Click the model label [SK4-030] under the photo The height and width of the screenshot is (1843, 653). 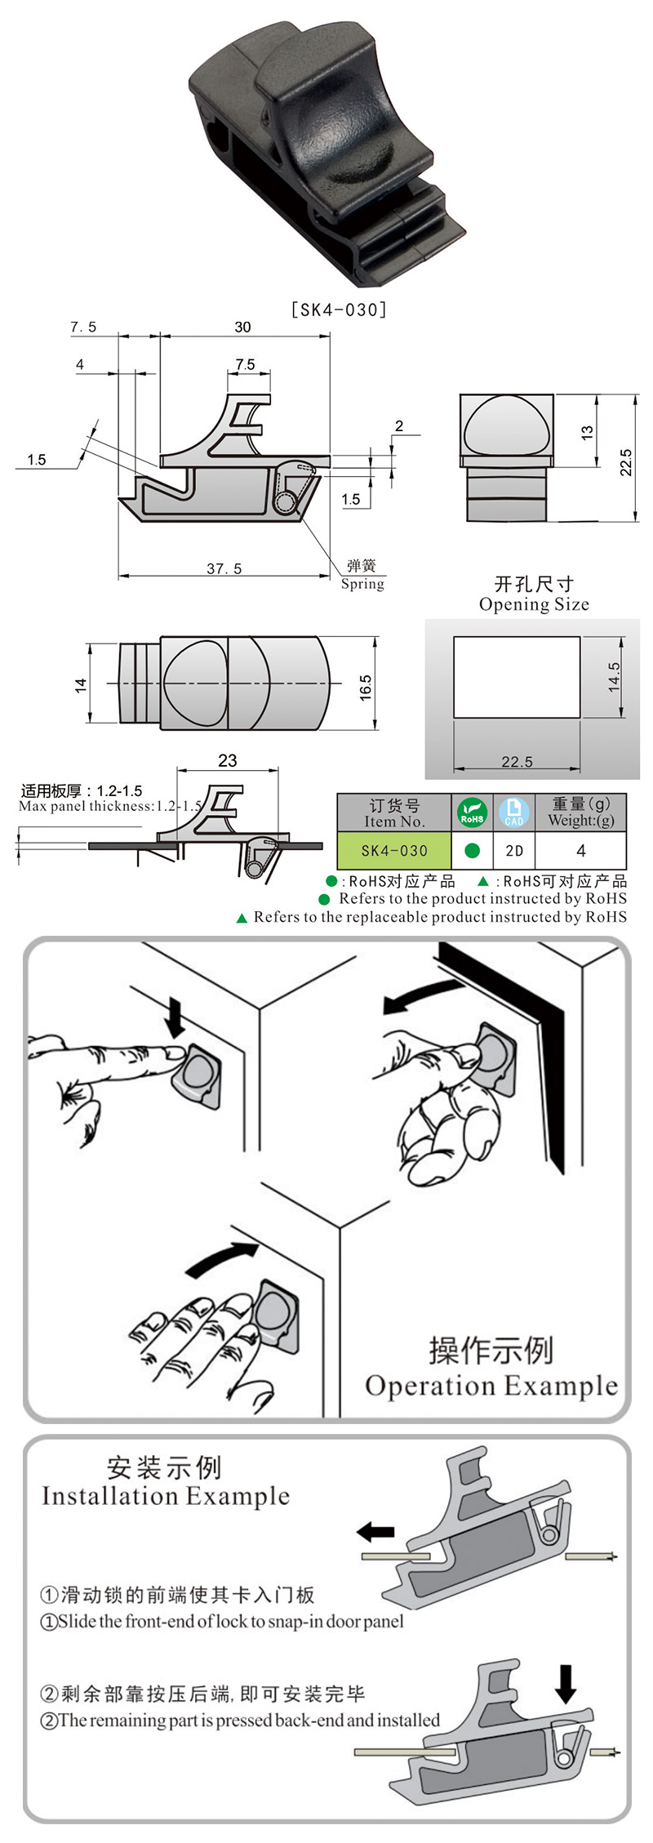click(339, 309)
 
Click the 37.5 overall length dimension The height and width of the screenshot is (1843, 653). click(224, 568)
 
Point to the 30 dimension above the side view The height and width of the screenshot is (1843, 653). click(242, 327)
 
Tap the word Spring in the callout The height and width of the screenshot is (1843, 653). click(362, 584)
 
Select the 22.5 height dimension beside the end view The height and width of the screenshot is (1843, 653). click(625, 462)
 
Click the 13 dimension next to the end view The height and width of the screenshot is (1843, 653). click(587, 433)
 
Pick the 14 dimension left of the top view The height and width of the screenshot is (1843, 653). click(80, 685)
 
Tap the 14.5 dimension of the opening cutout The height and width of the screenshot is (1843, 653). click(614, 677)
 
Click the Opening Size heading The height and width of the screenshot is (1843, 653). click(534, 604)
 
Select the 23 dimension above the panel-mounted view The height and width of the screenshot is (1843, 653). click(228, 760)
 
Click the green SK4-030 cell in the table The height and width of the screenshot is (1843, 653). click(394, 850)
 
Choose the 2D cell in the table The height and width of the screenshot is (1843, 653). click(514, 850)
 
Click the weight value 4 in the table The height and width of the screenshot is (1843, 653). click(580, 850)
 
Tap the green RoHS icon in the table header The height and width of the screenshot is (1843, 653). click(472, 813)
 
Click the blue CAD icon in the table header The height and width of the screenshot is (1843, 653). click(514, 813)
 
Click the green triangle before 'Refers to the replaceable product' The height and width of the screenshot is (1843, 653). click(242, 918)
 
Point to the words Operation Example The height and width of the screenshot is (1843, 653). click(491, 1385)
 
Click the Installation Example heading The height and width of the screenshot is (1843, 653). click(166, 1496)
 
